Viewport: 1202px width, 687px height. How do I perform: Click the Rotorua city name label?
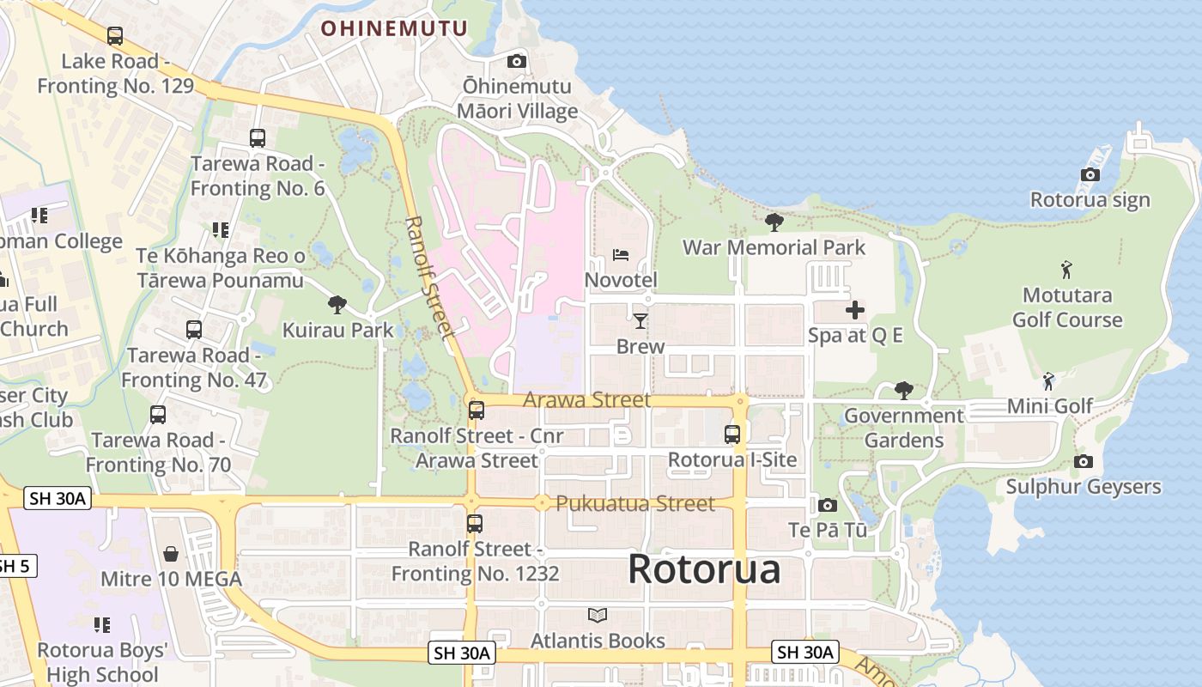tap(704, 569)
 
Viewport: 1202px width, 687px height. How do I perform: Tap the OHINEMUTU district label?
tap(394, 28)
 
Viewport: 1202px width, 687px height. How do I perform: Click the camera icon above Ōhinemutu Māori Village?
tap(516, 61)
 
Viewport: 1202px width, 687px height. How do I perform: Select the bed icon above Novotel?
tap(621, 255)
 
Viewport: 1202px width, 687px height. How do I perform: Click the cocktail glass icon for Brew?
tap(640, 321)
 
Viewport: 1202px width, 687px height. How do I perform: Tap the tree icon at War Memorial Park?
tap(774, 222)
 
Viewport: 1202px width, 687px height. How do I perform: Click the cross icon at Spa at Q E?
tap(855, 310)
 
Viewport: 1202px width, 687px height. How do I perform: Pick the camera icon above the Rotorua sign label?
tap(1090, 175)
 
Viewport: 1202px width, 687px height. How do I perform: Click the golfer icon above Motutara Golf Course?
tap(1066, 270)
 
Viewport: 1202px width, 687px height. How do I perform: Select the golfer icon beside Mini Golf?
tap(1048, 381)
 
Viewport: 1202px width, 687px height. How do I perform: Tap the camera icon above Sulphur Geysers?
tap(1084, 462)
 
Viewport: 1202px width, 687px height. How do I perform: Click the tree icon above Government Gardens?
tap(903, 391)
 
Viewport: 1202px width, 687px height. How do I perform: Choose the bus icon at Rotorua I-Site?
tap(732, 435)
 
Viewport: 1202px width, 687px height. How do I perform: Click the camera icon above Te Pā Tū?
tap(828, 505)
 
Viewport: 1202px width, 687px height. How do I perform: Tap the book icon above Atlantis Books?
tap(598, 616)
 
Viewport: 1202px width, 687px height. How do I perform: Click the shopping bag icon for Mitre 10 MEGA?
tap(171, 554)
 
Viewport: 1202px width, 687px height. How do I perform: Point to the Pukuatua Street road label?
tap(634, 503)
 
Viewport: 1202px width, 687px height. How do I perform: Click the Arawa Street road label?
tap(586, 400)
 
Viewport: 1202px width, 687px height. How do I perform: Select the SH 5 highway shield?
tap(15, 566)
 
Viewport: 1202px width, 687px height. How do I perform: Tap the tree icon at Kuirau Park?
tap(337, 304)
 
